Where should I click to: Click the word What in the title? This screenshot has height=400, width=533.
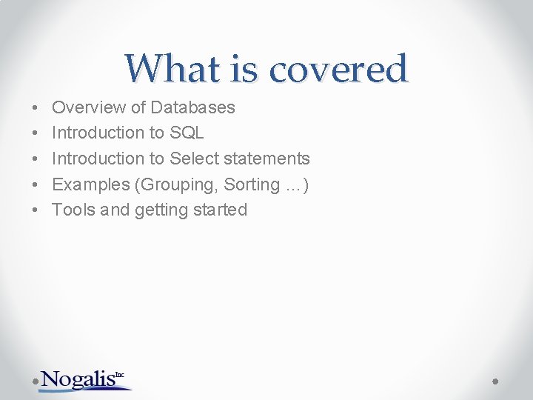pyautogui.click(x=172, y=69)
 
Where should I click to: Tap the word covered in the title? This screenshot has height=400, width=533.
pyautogui.click(x=338, y=69)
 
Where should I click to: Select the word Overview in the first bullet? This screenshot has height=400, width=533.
pyautogui.click(x=89, y=107)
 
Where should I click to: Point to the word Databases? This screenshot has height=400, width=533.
pyautogui.click(x=192, y=107)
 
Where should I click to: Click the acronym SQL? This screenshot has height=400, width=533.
pyautogui.click(x=187, y=133)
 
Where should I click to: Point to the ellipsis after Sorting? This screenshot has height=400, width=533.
pyautogui.click(x=293, y=186)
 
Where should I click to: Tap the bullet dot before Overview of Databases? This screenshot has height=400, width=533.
pyautogui.click(x=36, y=108)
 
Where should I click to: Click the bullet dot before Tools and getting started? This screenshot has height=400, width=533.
pyautogui.click(x=36, y=210)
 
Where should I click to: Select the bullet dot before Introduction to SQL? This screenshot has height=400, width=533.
pyautogui.click(x=36, y=134)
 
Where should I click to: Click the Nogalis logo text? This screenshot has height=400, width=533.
pyautogui.click(x=78, y=379)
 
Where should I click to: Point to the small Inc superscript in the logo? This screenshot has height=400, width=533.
pyautogui.click(x=120, y=374)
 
